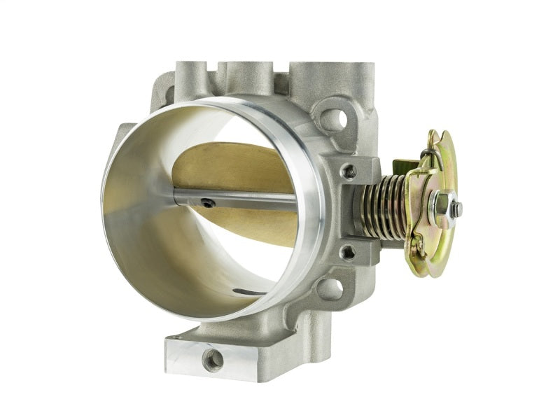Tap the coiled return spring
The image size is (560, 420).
point(381,207)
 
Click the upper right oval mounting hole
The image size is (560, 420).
point(335,120)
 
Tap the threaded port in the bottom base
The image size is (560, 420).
point(213,360)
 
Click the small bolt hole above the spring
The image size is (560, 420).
point(347,171)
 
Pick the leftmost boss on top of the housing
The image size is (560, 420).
point(189,73)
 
